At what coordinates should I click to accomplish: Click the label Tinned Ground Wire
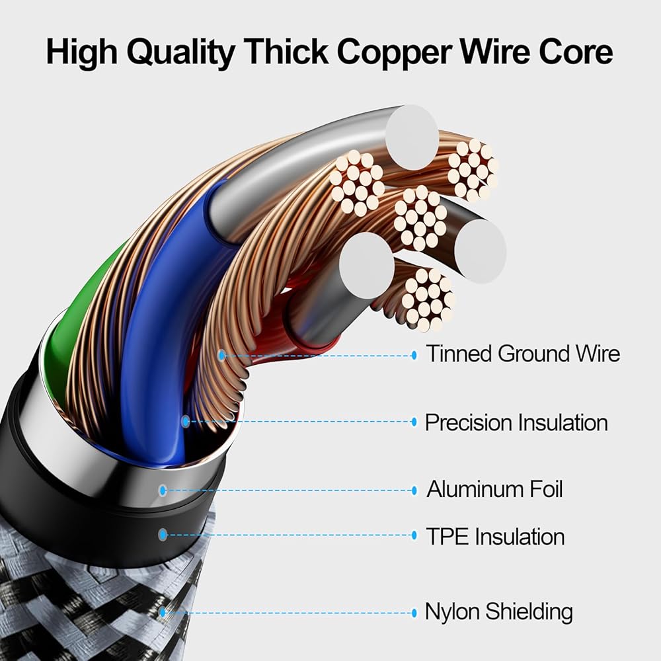pos(522,354)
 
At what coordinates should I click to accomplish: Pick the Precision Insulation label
pos(516,422)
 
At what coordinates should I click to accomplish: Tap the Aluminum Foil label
pos(494,490)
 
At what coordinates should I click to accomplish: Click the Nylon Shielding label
pos(498,611)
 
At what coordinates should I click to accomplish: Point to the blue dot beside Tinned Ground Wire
pos(414,355)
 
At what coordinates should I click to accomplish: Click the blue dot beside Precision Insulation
pos(414,422)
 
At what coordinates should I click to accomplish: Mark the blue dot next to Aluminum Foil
pos(414,490)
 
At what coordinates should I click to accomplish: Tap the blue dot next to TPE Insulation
pos(414,535)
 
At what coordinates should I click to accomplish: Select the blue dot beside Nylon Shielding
pos(414,613)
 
